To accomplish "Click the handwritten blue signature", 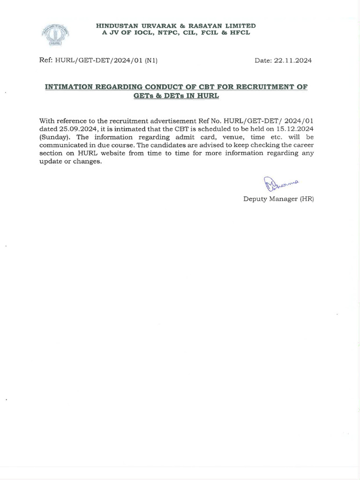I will coord(277,184).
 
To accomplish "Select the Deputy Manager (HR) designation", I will coord(278,199).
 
